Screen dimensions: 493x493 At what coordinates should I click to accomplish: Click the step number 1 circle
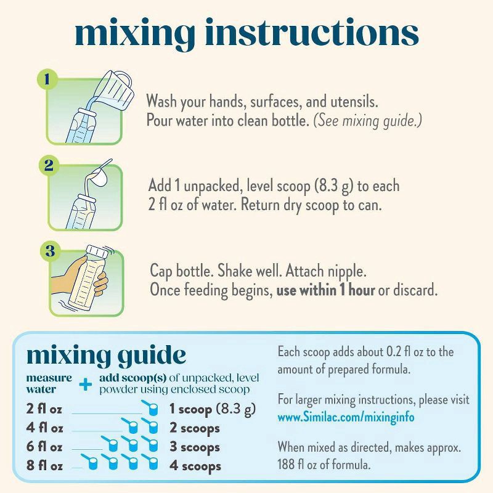47,79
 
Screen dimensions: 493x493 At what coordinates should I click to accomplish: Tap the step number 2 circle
49,165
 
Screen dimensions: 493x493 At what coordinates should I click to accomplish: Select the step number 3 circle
51,251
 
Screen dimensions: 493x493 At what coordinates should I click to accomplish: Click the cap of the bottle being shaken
97,252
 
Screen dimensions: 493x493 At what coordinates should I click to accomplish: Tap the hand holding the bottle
79,277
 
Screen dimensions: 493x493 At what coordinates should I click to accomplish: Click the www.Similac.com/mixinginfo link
346,417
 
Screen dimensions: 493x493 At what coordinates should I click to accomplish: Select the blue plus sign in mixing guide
86,384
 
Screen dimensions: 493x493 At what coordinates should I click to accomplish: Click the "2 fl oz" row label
44,409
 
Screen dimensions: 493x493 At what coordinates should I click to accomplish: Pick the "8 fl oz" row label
44,466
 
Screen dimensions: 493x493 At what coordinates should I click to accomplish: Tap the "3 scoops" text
195,447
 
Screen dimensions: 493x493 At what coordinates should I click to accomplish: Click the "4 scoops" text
195,467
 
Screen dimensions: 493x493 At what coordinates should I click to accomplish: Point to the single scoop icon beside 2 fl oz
150,407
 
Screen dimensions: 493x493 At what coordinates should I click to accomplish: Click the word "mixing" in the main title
135,33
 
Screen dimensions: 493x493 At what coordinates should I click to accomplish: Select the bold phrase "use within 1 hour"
325,290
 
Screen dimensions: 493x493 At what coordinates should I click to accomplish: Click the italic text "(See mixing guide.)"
368,121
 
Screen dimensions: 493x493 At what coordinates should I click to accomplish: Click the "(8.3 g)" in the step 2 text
334,186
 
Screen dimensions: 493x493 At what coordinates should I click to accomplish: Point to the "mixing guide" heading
106,356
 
